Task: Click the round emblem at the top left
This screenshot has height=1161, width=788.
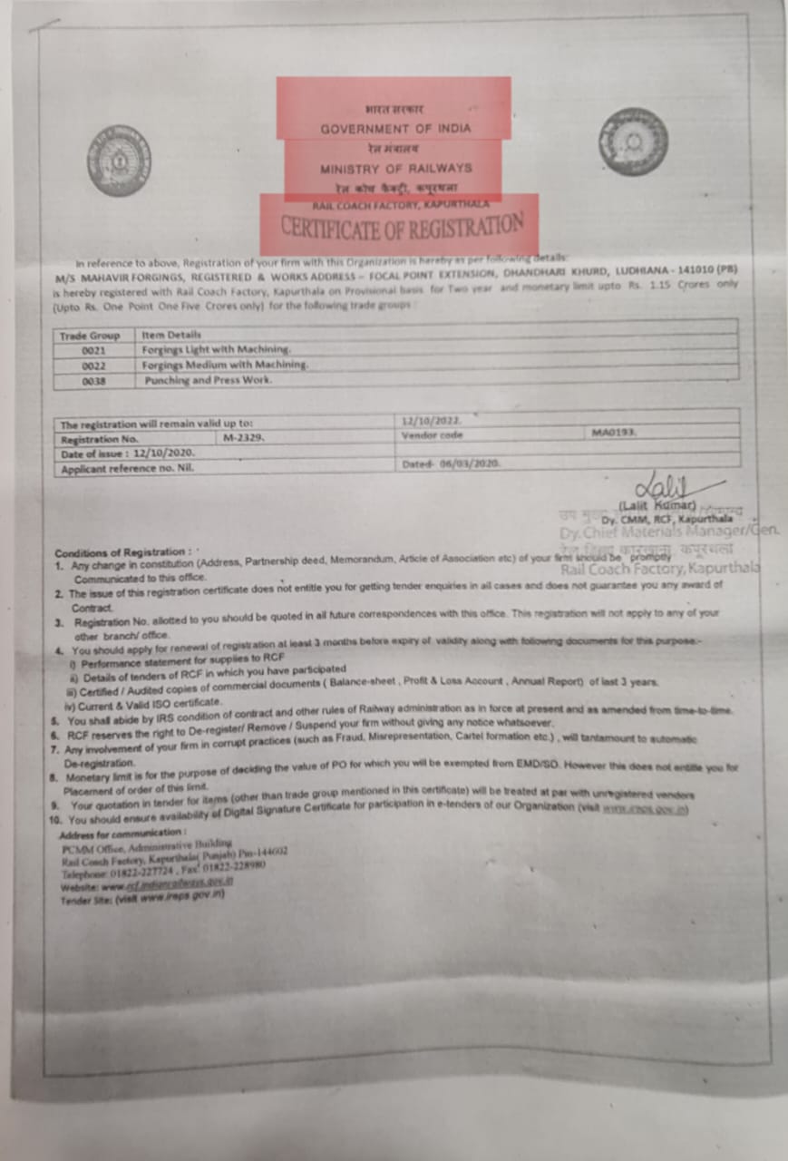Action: coord(119,161)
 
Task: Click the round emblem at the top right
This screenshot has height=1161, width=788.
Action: coord(632,141)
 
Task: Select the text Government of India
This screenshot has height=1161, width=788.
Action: coord(395,129)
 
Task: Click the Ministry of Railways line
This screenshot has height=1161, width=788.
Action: coord(395,169)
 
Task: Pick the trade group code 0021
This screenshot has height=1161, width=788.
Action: coord(94,350)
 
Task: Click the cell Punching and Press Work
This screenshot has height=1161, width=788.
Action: coord(208,381)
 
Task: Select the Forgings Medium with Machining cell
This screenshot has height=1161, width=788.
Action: coord(225,365)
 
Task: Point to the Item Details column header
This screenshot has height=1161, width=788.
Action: coord(171,335)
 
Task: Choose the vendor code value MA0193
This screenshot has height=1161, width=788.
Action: coord(614,433)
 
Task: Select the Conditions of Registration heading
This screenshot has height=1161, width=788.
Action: coord(122,552)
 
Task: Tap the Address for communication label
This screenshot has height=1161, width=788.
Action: coord(122,833)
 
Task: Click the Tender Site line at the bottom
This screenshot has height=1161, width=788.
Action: coord(142,894)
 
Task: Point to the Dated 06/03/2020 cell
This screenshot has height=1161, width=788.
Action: coord(451,463)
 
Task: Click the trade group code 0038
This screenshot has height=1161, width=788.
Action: coord(94,382)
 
